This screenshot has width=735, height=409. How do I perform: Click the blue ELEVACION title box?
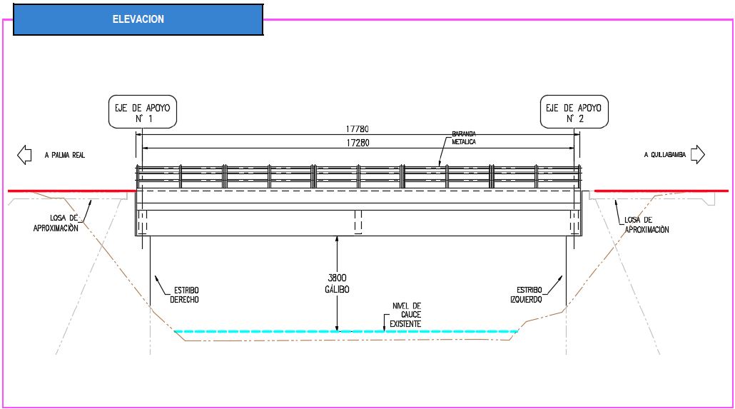click(x=138, y=19)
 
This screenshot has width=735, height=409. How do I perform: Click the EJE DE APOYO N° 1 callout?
click(x=143, y=112)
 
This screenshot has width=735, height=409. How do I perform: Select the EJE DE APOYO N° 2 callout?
click(x=574, y=112)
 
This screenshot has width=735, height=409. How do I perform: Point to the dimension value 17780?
click(x=358, y=129)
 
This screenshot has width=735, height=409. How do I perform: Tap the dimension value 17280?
click(x=358, y=143)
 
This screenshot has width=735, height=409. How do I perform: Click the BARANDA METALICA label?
click(x=464, y=138)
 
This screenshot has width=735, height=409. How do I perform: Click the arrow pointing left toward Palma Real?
click(x=24, y=155)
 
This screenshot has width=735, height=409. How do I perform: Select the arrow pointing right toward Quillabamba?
click(x=697, y=154)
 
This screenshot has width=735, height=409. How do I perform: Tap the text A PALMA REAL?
click(x=65, y=156)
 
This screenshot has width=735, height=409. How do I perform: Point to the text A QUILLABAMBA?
click(x=664, y=155)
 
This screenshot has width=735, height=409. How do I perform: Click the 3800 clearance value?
click(x=337, y=278)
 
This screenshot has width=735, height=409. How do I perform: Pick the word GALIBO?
click(x=337, y=289)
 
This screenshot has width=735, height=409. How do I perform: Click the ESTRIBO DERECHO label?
click(x=185, y=295)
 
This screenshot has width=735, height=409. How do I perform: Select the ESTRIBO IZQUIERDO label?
click(x=526, y=295)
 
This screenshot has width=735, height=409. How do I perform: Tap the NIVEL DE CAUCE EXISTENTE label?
click(x=406, y=315)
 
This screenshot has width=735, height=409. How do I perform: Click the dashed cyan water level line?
click(x=346, y=332)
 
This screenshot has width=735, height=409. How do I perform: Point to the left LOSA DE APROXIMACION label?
click(x=56, y=223)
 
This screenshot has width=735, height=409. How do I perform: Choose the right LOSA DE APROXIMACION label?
click(x=647, y=225)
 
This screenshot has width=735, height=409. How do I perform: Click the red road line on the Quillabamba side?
click(x=661, y=191)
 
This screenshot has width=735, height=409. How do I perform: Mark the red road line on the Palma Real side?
click(x=72, y=191)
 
